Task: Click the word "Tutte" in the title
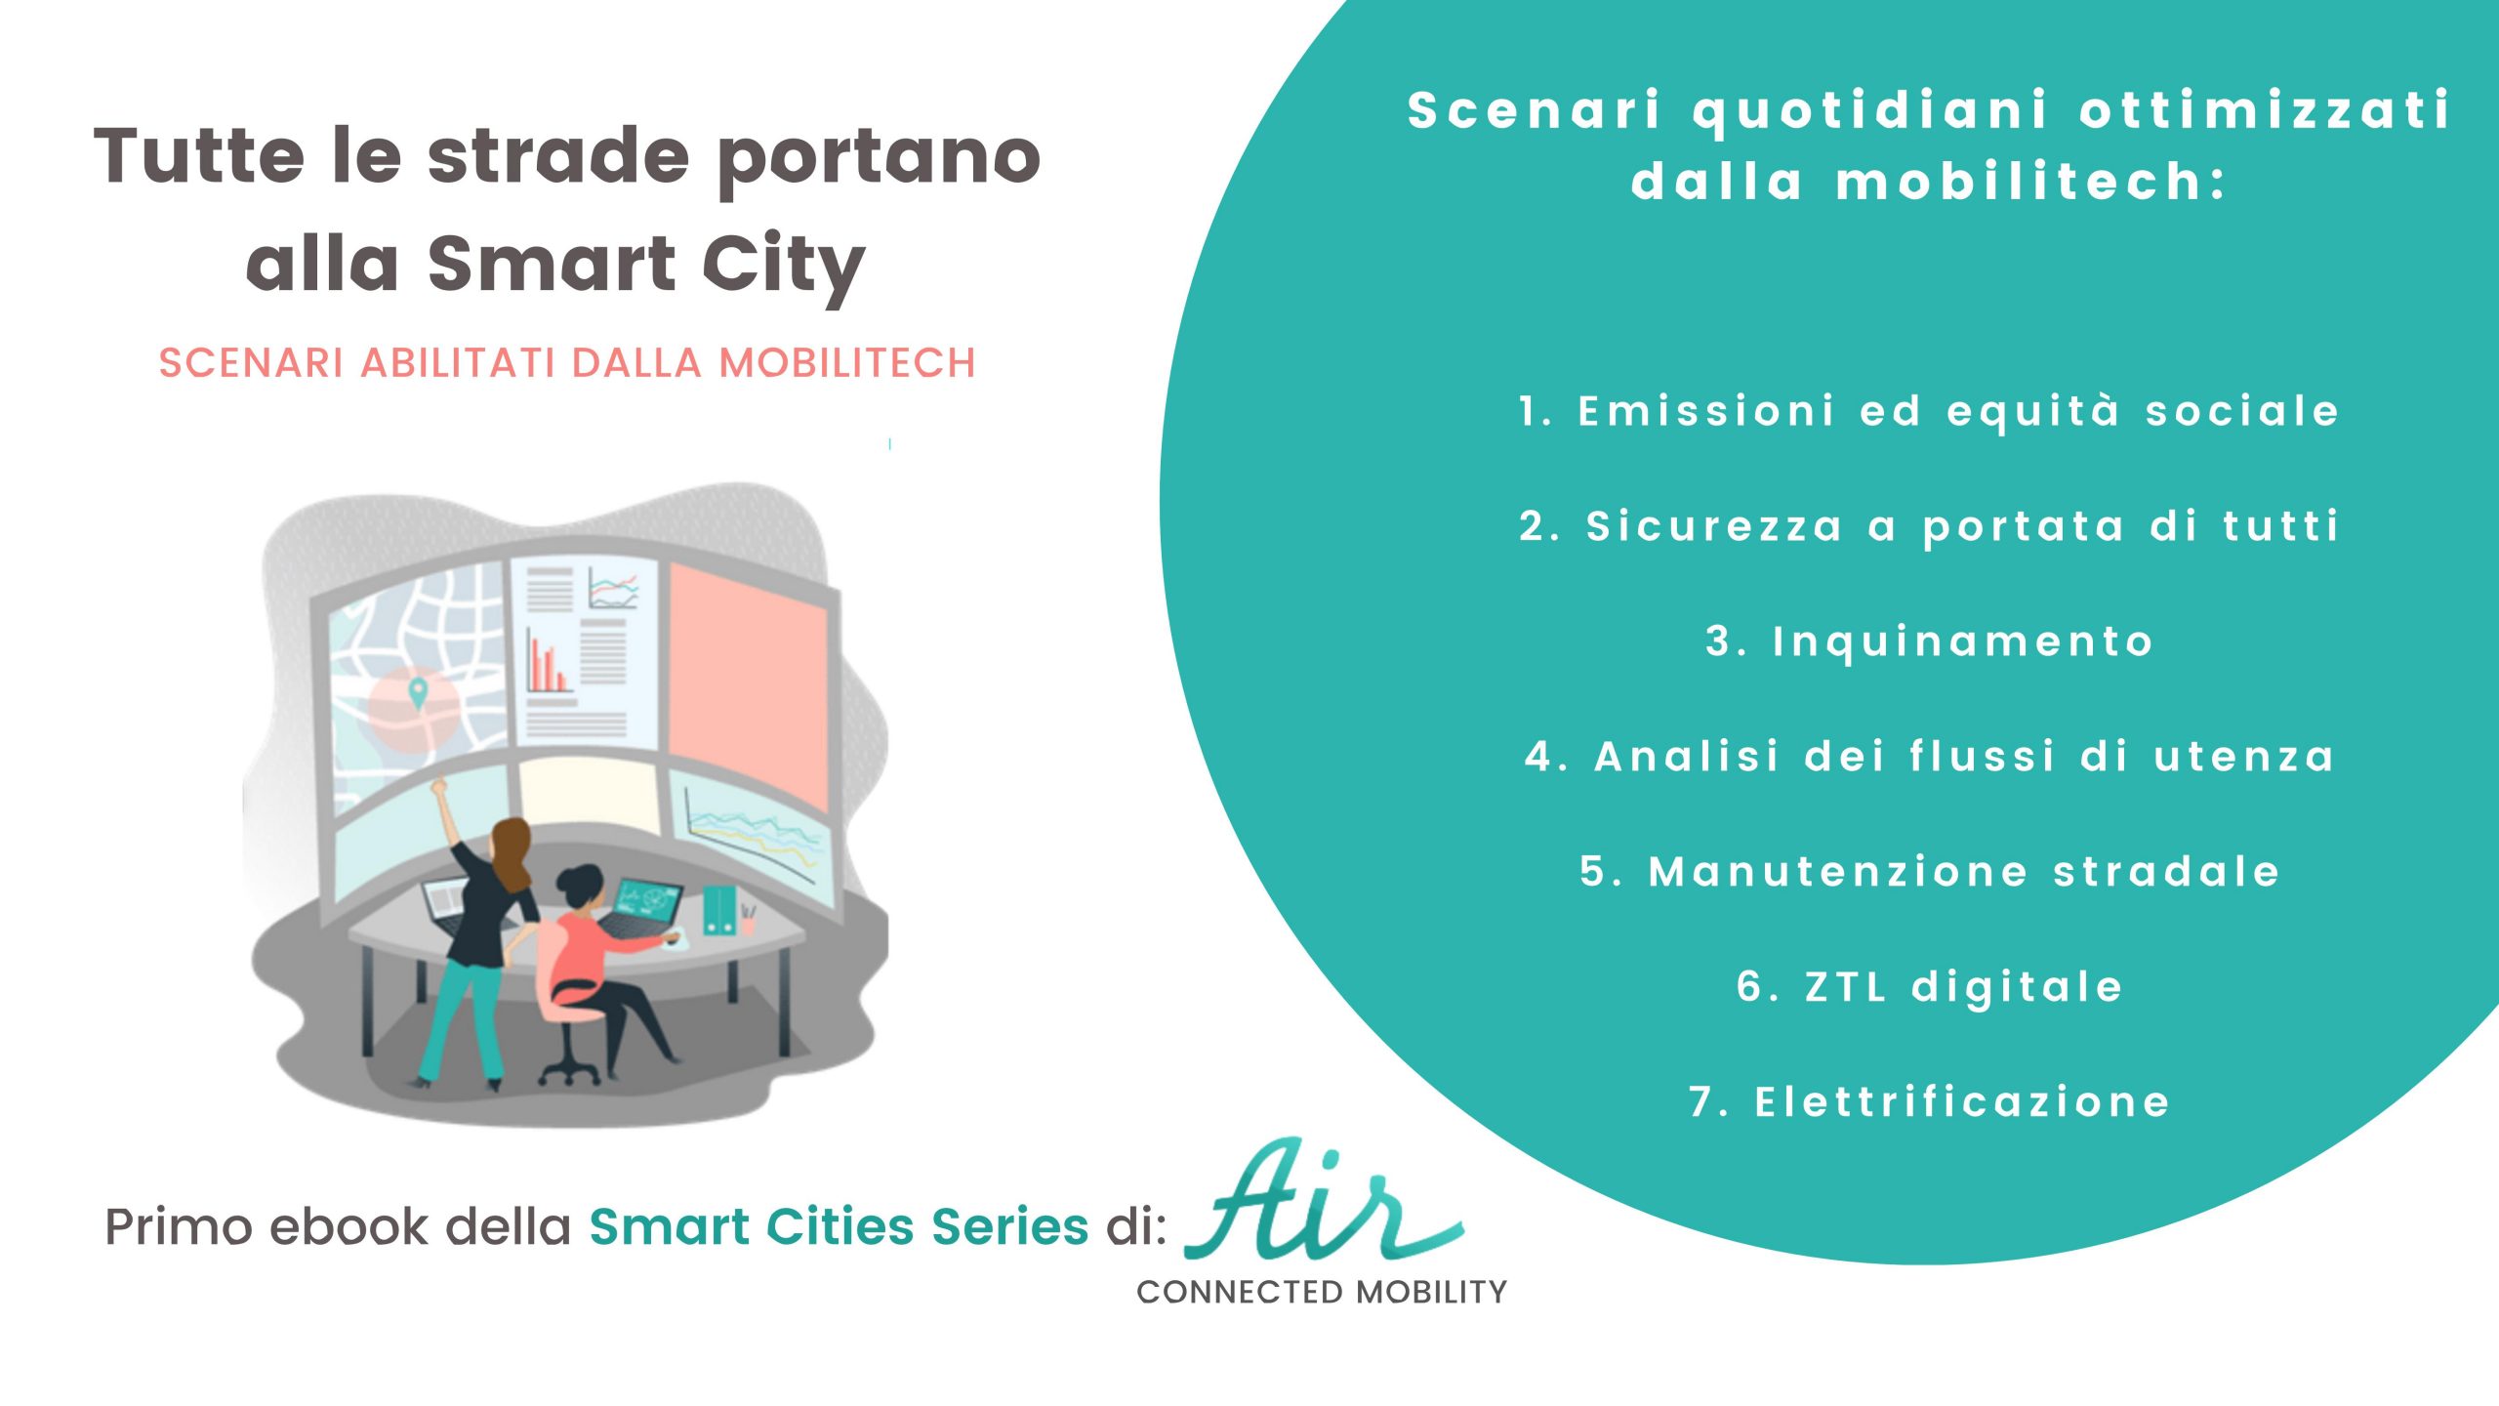[x=199, y=156]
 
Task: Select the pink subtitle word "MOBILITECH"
[x=847, y=363]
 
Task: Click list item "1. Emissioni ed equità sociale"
[x=1929, y=411]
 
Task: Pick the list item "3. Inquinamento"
[x=1930, y=641]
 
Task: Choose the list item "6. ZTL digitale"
[x=1930, y=986]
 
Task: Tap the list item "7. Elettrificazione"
[x=1930, y=1101]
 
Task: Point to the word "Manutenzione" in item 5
[x=1838, y=871]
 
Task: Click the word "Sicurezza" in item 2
[x=1714, y=526]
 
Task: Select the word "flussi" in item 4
[x=1983, y=756]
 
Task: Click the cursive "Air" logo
[x=1324, y=1200]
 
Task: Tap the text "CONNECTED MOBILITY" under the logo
[x=1322, y=1292]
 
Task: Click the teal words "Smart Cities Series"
[x=839, y=1226]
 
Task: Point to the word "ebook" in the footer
[x=348, y=1226]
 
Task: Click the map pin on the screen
[x=418, y=692]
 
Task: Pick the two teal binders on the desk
[x=719, y=910]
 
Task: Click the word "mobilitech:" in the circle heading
[x=2031, y=182]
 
